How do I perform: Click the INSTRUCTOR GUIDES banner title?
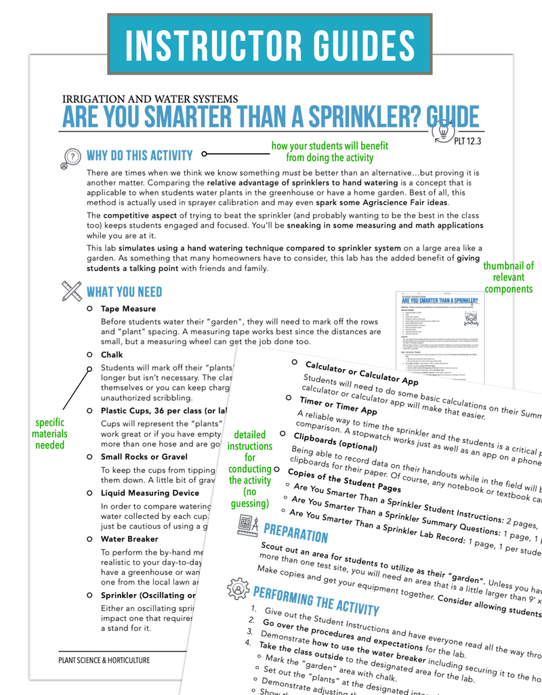[270, 44]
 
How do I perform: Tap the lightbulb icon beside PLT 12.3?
[446, 127]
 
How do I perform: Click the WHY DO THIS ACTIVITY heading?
[140, 156]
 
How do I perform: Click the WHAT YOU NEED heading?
[124, 292]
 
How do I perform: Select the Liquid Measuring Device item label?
[150, 493]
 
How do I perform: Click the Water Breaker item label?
[129, 539]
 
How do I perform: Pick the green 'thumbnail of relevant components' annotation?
[508, 277]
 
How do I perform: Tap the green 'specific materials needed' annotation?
[51, 434]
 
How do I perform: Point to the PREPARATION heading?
[295, 533]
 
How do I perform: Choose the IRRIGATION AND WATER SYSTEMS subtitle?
[150, 99]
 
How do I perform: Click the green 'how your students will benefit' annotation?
[329, 151]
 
